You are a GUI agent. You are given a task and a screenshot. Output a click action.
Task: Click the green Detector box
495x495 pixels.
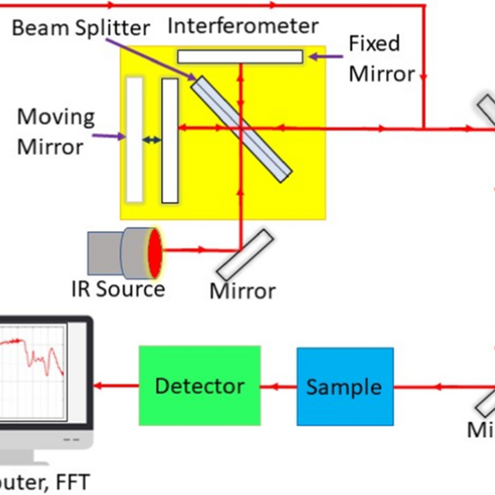[200, 385]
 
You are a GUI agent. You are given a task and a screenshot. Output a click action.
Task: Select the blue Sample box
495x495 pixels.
[345, 387]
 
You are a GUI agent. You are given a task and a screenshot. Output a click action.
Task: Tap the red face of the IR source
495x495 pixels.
[156, 252]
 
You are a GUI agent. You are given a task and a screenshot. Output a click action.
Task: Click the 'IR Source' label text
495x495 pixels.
[118, 289]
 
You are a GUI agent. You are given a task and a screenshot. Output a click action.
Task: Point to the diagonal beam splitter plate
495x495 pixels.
[242, 129]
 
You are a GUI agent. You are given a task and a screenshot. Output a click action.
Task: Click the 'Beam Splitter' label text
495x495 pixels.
[81, 28]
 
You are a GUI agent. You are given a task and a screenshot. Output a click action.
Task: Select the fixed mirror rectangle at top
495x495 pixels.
[240, 57]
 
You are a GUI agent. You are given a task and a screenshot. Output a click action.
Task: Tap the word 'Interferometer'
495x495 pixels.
[243, 26]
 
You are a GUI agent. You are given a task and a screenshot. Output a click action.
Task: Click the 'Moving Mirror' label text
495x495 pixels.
[55, 132]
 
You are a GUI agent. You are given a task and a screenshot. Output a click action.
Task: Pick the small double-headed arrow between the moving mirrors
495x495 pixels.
[152, 140]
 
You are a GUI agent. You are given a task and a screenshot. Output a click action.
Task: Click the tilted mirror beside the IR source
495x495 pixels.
[245, 255]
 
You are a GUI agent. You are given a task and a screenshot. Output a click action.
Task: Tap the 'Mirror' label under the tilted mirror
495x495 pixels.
[243, 291]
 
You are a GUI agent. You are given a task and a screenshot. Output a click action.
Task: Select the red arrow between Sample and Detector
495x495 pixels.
[278, 387]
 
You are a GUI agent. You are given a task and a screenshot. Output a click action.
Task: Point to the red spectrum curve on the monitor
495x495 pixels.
[33, 351]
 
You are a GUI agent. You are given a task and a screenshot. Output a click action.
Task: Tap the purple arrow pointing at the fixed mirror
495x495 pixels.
[326, 57]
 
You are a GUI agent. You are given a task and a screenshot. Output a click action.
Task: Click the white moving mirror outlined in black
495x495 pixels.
[170, 140]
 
